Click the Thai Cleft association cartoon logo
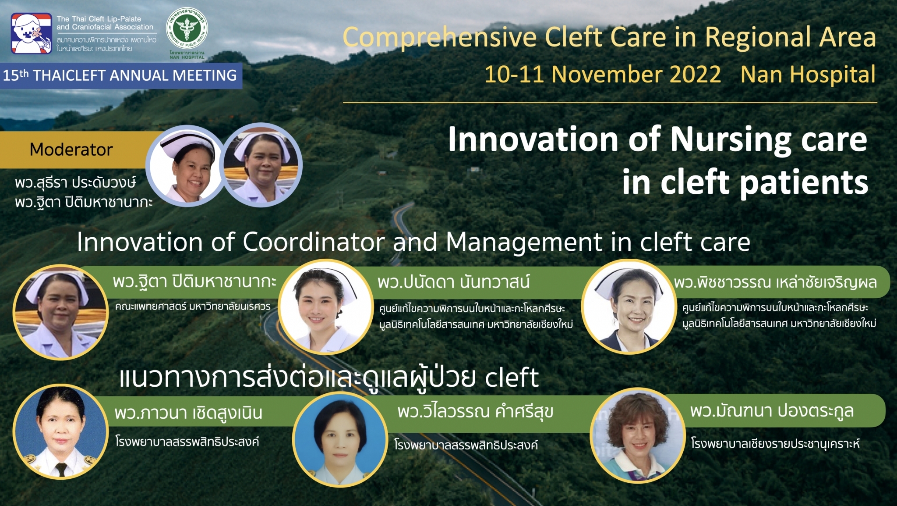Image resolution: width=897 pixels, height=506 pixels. [32, 33]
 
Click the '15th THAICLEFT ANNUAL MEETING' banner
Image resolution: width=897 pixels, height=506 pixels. [121, 76]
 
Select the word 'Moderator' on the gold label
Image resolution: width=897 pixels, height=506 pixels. [71, 150]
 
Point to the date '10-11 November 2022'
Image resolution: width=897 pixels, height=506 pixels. [603, 74]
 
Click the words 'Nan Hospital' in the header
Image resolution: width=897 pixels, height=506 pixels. [808, 74]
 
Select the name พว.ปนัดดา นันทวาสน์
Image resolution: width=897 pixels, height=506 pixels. [454, 282]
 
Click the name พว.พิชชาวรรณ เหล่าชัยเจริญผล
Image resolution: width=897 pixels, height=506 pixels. [776, 282]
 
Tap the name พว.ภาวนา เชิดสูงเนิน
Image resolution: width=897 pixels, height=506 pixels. [188, 412]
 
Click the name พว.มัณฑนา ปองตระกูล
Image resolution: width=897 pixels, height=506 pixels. [772, 411]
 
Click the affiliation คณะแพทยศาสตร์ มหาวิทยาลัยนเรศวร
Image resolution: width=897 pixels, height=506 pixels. [193, 306]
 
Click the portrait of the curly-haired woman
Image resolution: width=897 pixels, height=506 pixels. [637, 435]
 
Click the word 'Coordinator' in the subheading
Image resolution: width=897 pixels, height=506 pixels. [314, 242]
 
